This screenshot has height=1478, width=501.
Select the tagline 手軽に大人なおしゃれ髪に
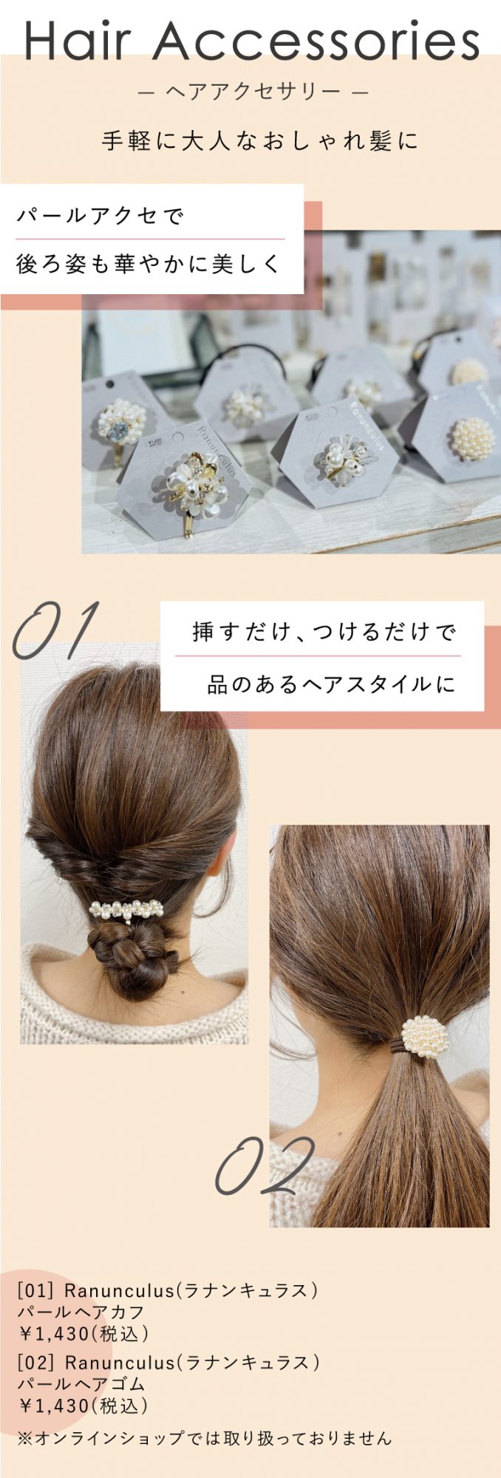(x=259, y=140)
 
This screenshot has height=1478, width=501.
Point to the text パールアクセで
(x=100, y=216)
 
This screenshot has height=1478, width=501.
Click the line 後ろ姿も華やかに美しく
(x=149, y=263)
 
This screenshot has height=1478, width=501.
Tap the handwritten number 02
(x=265, y=1167)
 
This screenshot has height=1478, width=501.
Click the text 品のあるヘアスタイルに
(x=331, y=684)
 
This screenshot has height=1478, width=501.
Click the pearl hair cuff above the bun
(x=126, y=909)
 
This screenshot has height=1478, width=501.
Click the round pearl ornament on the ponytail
(x=425, y=1037)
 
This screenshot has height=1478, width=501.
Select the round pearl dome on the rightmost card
(x=471, y=439)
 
